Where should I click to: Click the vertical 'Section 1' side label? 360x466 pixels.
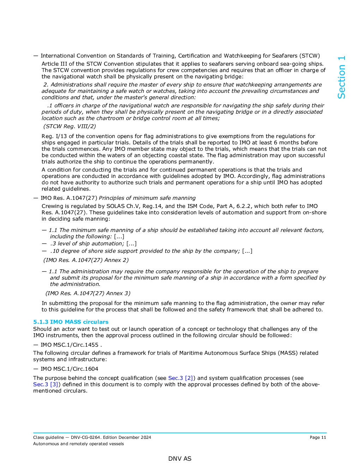(341, 77)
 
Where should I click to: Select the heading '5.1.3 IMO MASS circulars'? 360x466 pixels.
(71, 322)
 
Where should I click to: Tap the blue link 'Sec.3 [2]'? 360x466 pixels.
(181, 378)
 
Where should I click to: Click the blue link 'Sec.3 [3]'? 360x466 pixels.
(46, 384)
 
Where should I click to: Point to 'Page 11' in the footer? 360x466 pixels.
(318, 437)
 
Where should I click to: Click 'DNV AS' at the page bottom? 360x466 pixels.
(180, 459)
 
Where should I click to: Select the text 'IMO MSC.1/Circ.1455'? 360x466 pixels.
(70, 345)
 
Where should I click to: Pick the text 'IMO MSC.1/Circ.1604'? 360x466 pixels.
(70, 369)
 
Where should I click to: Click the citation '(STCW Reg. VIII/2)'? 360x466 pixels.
(70, 126)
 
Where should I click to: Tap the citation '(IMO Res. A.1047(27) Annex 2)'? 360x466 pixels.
(86, 260)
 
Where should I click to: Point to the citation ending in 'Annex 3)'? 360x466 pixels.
(88, 293)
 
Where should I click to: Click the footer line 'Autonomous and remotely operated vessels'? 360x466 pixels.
(78, 444)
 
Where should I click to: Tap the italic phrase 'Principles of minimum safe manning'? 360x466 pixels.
(147, 198)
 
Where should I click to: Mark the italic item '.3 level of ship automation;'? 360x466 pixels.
(87, 244)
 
